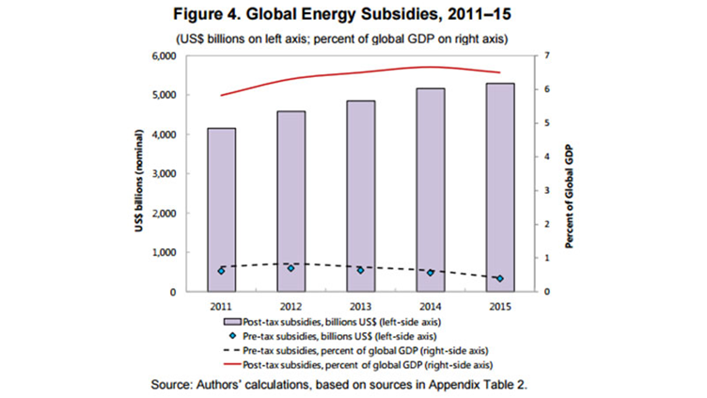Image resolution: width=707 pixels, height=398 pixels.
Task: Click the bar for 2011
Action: (x=222, y=210)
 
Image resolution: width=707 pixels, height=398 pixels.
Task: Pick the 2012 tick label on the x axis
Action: (x=290, y=306)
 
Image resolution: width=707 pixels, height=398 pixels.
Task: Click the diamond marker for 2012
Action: (x=290, y=268)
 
